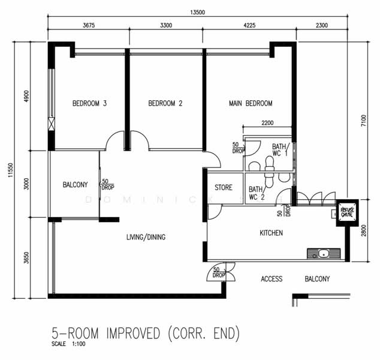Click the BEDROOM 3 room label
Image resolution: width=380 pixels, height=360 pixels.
click(89, 104)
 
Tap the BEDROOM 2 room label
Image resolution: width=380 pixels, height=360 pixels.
click(165, 104)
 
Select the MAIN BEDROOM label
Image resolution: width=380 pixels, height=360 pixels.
click(251, 104)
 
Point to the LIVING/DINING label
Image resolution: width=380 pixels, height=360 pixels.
click(146, 237)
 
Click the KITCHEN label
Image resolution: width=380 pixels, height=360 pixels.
click(271, 233)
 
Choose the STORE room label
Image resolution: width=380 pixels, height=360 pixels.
click(224, 188)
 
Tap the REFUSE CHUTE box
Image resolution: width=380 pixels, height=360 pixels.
click(346, 211)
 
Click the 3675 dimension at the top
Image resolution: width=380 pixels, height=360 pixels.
click(88, 26)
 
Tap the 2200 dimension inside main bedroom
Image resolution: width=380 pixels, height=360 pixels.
click(267, 123)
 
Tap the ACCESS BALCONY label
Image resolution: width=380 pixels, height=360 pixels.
click(295, 279)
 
